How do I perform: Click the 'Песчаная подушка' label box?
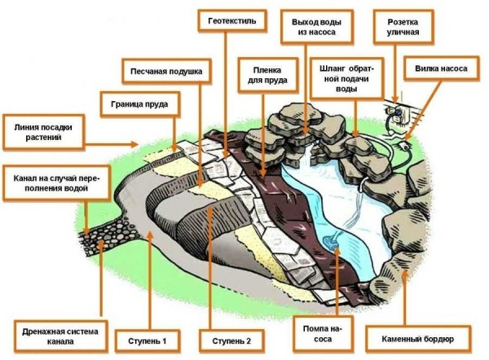pyautogui.click(x=165, y=71)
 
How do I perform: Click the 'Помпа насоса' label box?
pyautogui.click(x=320, y=333)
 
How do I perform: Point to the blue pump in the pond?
pyautogui.click(x=331, y=241)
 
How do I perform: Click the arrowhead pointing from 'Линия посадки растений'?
pyautogui.click(x=138, y=144)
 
